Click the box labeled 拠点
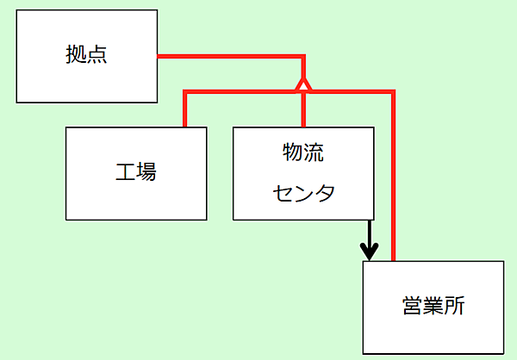point(87,56)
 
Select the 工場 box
point(136,173)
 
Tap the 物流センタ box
point(303,173)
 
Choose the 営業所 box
point(433,307)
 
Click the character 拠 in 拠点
point(77,56)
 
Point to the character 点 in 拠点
point(97,56)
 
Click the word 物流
point(303,153)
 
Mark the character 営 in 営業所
point(412,307)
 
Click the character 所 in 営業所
point(454,307)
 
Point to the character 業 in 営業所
point(433,307)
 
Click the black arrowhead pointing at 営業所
point(370,253)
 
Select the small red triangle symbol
point(302,84)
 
